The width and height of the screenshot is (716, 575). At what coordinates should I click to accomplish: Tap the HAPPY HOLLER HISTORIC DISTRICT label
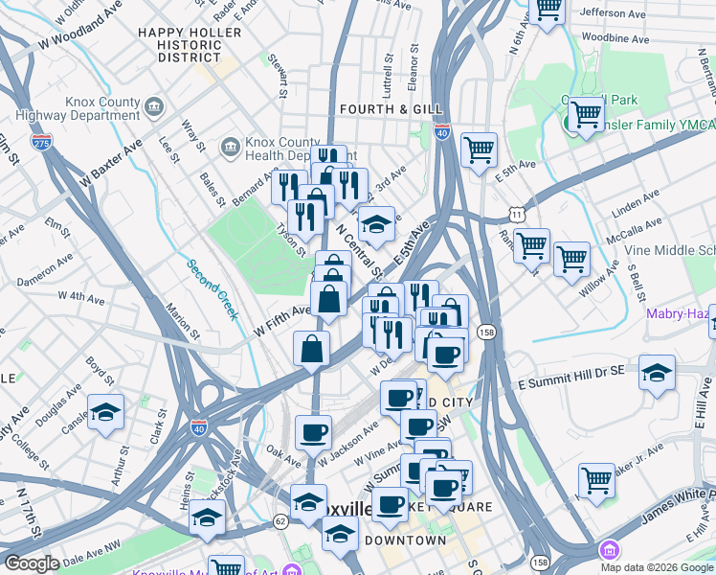tap(183, 45)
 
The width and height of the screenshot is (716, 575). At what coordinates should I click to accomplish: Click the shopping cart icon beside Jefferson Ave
tap(548, 10)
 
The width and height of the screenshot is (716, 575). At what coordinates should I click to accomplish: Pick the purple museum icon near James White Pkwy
tap(608, 550)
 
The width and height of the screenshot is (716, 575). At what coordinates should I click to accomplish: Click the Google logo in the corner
tap(33, 563)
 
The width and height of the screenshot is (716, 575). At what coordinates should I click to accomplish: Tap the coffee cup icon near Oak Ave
tap(313, 432)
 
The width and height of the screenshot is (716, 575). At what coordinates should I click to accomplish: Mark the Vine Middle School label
tap(670, 249)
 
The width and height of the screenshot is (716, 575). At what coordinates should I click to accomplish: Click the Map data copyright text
tap(657, 567)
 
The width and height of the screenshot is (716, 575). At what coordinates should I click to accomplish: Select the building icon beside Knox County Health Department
tap(231, 147)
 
